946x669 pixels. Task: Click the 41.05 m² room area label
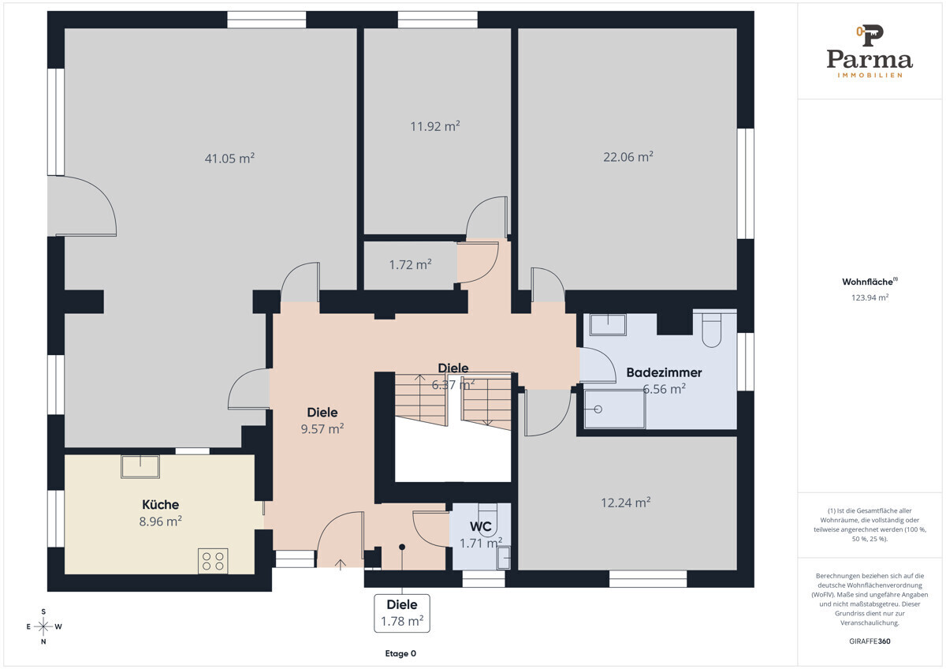tap(229, 159)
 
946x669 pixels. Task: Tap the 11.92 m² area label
tap(435, 126)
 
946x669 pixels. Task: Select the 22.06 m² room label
tap(628, 157)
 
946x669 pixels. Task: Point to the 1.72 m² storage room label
tap(410, 265)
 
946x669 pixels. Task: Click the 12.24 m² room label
tap(625, 503)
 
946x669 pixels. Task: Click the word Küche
tap(161, 505)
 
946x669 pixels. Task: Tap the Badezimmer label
tap(664, 372)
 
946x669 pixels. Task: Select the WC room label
tap(481, 526)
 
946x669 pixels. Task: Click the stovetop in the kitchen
tap(213, 561)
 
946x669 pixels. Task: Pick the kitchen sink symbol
tap(140, 466)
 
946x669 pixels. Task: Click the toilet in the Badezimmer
tap(712, 330)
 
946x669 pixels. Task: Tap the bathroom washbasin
tap(608, 324)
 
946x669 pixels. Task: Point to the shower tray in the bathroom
tap(615, 409)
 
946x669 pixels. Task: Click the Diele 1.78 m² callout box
tap(402, 613)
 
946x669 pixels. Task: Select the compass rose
tap(43, 626)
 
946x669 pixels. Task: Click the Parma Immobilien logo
tap(870, 51)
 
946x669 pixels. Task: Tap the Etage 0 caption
tap(400, 653)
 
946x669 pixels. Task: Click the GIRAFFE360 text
tap(870, 641)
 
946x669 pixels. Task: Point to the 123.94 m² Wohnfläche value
tap(870, 297)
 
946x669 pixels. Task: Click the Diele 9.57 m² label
tap(322, 421)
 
